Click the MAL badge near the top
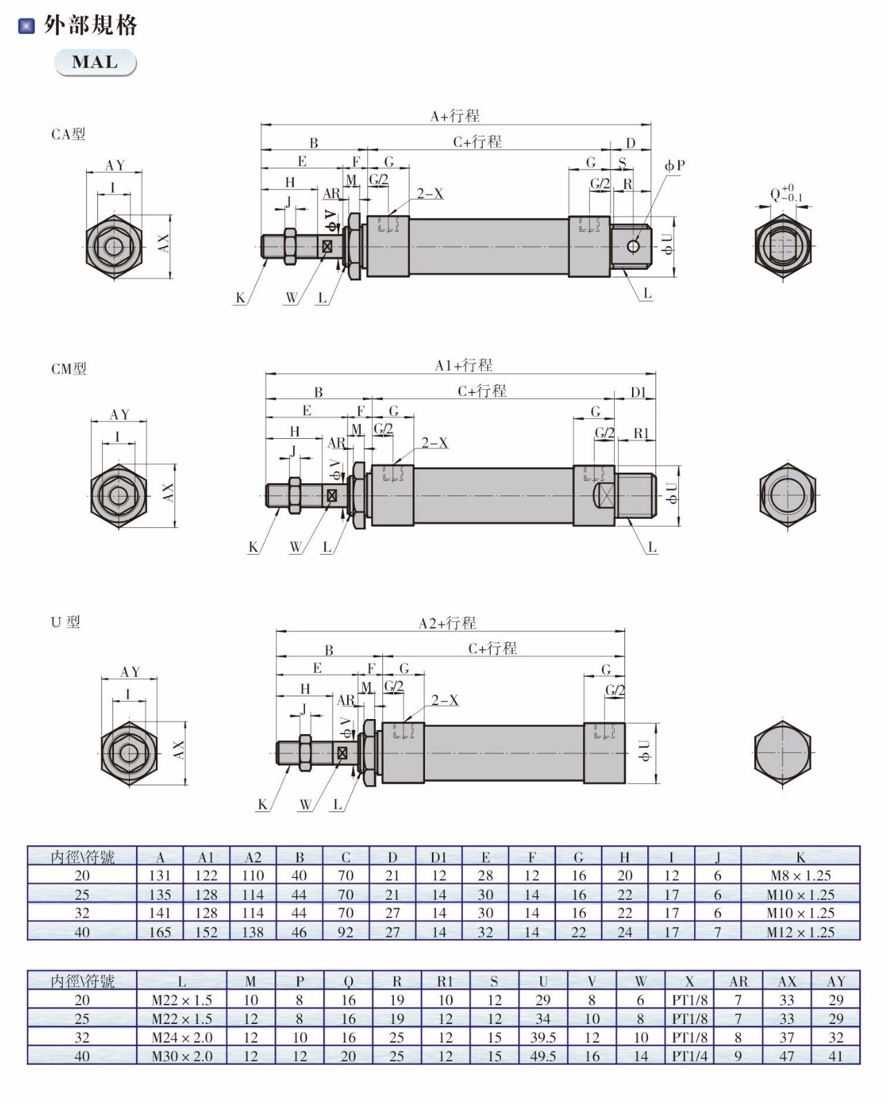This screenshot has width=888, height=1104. [x=95, y=63]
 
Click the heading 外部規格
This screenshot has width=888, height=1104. [x=90, y=25]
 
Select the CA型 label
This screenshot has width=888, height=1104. [x=68, y=135]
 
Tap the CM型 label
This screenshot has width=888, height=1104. [x=69, y=369]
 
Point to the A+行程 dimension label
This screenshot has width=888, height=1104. [x=455, y=116]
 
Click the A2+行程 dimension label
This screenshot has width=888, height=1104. [x=447, y=623]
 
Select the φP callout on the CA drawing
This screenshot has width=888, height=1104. [x=675, y=166]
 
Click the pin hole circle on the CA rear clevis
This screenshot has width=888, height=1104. [x=633, y=247]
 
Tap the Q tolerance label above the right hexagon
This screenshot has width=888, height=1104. [x=786, y=193]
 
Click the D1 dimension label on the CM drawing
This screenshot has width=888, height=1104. [x=639, y=393]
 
